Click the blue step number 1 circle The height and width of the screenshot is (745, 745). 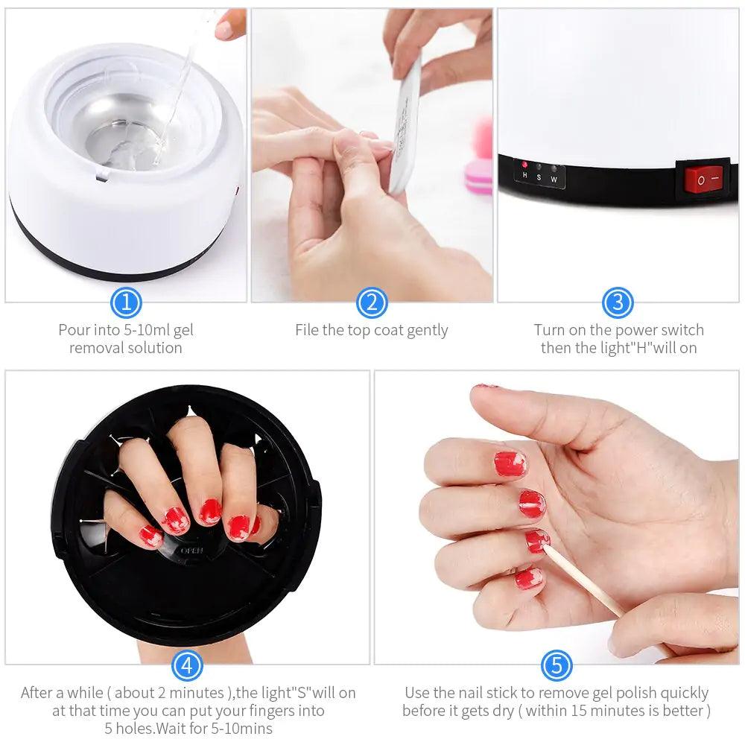(x=126, y=302)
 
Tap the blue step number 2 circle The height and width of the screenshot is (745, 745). (x=372, y=302)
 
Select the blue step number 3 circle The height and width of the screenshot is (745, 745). (x=618, y=302)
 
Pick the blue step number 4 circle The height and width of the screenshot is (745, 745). (x=187, y=665)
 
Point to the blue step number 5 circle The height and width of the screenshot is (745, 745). (x=557, y=665)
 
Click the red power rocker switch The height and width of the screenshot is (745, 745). (x=703, y=180)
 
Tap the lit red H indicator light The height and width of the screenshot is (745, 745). (x=524, y=165)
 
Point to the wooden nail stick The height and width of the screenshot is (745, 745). (x=589, y=585)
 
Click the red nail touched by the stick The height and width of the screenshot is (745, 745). (x=536, y=540)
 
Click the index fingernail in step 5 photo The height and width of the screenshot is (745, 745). (x=510, y=463)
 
